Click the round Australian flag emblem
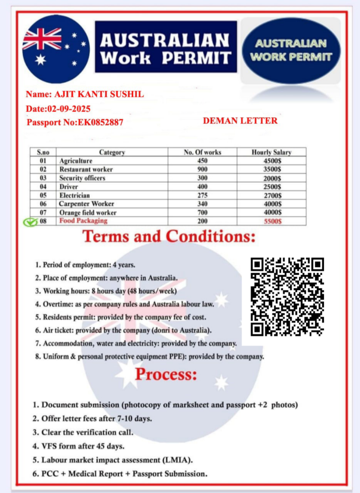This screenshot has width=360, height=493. [55, 49]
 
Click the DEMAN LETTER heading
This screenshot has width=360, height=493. [240, 120]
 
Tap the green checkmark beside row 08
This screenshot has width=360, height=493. [31, 222]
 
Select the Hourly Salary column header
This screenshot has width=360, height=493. [271, 152]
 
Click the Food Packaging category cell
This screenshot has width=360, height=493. [83, 221]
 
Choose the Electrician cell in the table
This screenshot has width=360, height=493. [75, 195]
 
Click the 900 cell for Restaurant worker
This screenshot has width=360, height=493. [203, 169]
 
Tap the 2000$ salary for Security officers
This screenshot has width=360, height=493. [272, 178]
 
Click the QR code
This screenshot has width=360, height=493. [288, 297]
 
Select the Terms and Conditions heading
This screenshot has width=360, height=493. [168, 237]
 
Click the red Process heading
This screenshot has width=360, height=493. [166, 375]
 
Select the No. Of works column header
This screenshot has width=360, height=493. [203, 152]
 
